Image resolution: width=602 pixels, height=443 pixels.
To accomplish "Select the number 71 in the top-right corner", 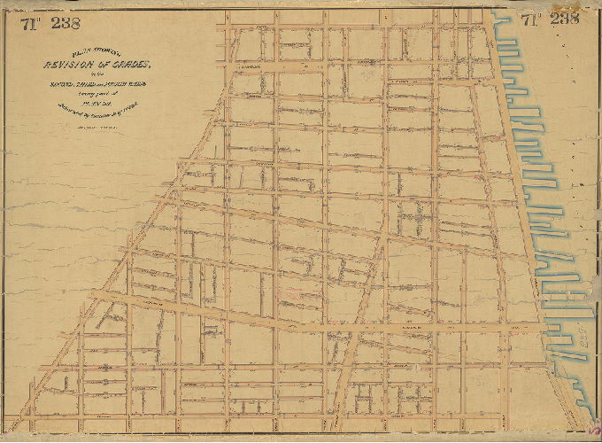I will pos(531,19).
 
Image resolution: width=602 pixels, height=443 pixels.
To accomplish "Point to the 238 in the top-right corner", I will pos(563,19).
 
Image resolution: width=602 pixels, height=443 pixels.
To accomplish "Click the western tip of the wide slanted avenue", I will pos(115,298).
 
